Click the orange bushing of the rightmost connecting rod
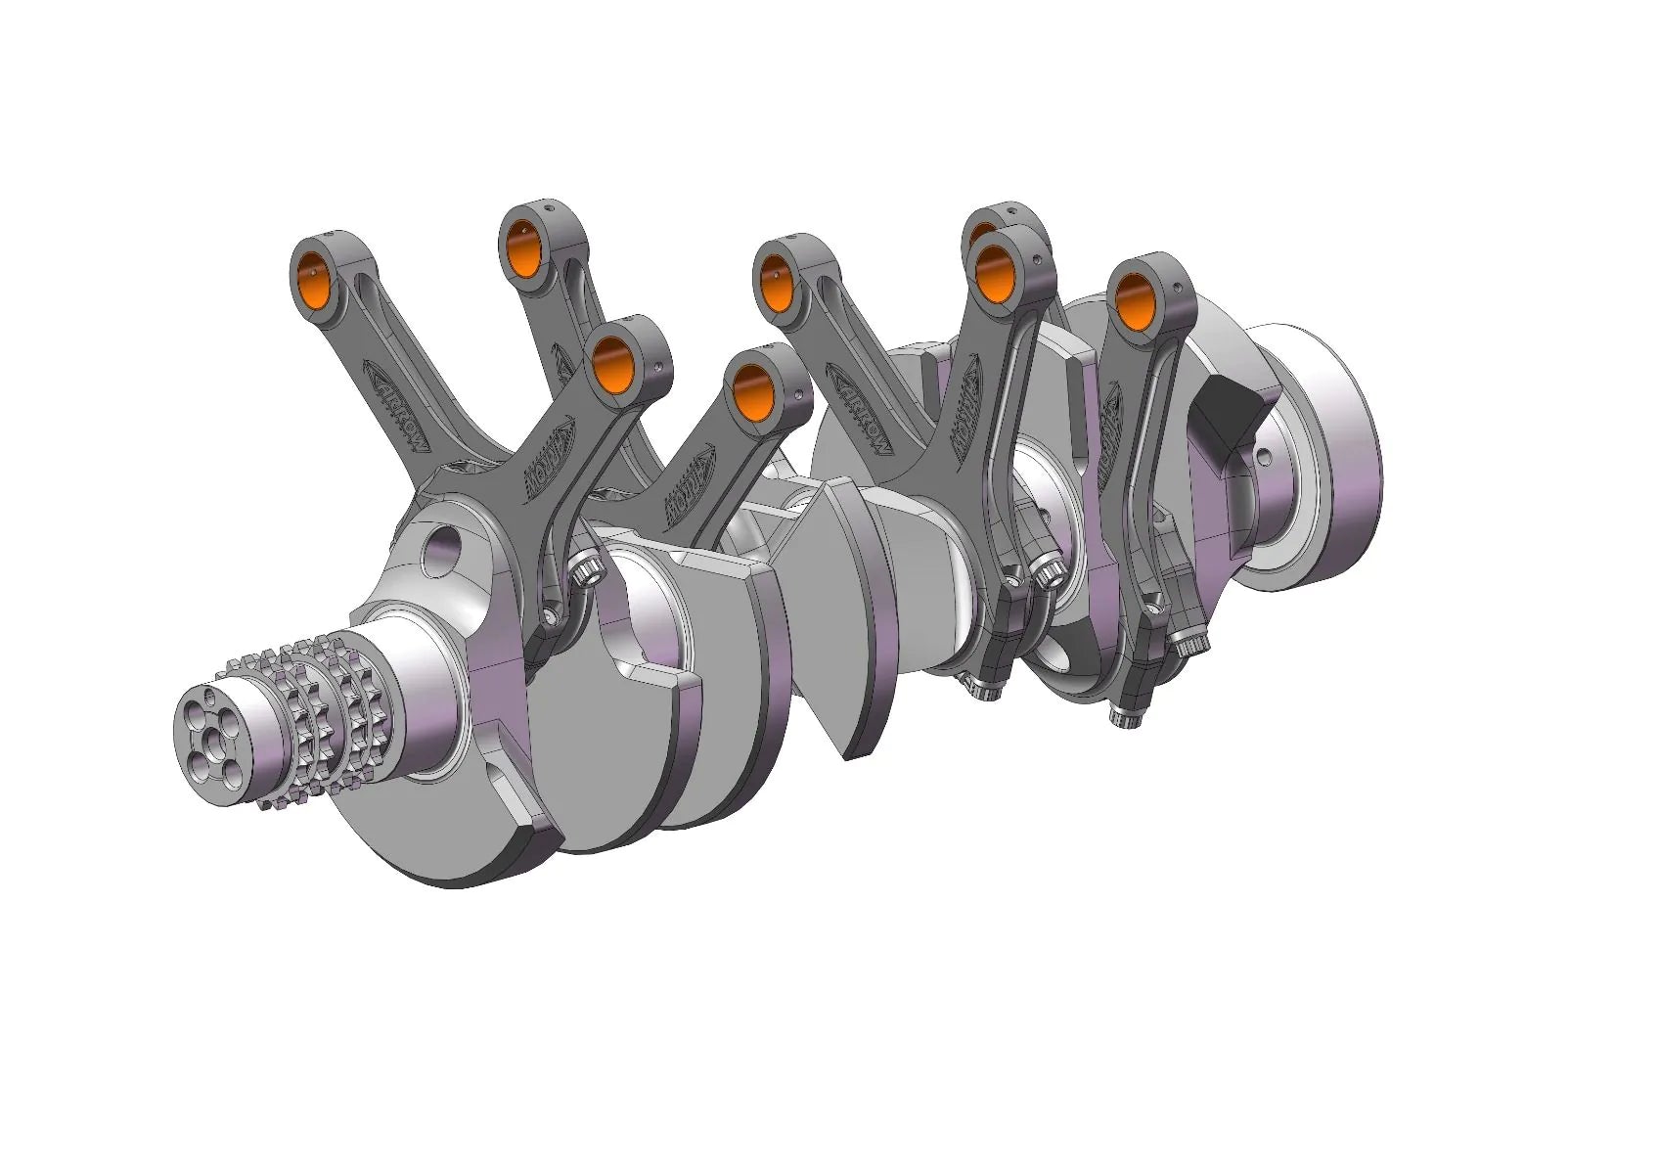1136,301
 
